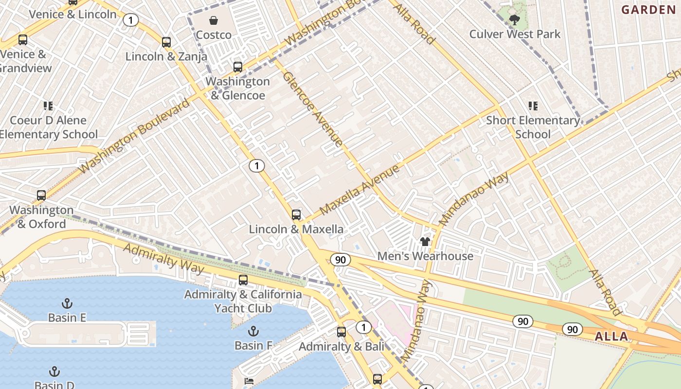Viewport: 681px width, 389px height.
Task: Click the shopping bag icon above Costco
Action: coord(213,20)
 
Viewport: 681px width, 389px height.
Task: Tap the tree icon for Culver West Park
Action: coord(514,19)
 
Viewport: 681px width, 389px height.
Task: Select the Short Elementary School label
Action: coord(533,127)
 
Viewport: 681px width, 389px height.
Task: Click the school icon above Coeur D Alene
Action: coord(48,106)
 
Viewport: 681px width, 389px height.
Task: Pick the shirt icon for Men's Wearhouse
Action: coord(425,242)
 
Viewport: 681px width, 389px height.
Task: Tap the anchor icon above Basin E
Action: coord(67,304)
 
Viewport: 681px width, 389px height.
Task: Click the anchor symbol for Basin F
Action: coord(253,332)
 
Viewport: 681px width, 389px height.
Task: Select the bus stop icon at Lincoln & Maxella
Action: coord(296,215)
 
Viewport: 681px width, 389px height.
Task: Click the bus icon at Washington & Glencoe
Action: coord(237,67)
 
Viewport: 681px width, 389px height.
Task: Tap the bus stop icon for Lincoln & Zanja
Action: coord(166,42)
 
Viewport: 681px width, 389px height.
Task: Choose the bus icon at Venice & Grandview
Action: coord(23,40)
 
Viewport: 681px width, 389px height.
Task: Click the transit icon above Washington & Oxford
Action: coord(41,195)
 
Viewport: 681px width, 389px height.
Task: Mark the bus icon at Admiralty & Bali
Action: coord(341,332)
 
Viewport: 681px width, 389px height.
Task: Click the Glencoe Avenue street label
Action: coord(312,109)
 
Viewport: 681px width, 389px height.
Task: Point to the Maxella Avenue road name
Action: coord(360,190)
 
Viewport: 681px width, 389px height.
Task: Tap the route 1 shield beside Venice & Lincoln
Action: coord(130,20)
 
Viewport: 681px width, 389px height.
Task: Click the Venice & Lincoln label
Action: coord(73,14)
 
